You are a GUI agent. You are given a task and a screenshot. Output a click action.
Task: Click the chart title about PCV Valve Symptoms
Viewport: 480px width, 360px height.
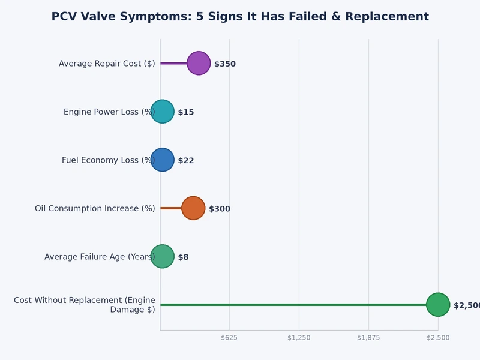(240, 17)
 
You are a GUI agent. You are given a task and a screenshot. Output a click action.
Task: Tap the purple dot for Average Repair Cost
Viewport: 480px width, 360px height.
(199, 63)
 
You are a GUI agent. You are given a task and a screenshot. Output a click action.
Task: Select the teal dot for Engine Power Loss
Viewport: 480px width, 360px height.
(162, 112)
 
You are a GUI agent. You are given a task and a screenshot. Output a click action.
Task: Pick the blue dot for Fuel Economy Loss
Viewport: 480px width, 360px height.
(162, 160)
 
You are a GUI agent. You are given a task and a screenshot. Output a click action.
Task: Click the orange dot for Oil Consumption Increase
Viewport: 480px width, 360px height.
(193, 208)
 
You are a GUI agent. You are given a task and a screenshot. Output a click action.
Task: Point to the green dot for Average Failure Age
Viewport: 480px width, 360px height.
(162, 256)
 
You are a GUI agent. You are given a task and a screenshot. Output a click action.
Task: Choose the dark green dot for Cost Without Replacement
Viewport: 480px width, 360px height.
(438, 305)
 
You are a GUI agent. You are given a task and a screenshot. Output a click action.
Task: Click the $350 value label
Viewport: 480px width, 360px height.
(225, 64)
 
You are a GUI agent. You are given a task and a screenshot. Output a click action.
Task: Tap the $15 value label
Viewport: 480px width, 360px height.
(186, 112)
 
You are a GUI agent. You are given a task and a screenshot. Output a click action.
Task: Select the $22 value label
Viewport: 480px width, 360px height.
(186, 161)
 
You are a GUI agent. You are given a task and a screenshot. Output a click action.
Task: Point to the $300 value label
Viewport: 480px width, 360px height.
(220, 209)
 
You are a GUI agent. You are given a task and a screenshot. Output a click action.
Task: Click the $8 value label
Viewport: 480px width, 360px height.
(183, 257)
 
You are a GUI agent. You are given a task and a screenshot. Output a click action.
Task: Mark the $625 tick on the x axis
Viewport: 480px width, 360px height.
(229, 338)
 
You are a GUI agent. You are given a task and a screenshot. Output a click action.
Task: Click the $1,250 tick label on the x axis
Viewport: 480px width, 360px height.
(299, 338)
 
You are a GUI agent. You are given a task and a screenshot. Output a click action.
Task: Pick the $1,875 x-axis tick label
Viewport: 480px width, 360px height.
(368, 338)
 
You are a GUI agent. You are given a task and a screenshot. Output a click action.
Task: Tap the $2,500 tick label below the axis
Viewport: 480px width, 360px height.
(438, 338)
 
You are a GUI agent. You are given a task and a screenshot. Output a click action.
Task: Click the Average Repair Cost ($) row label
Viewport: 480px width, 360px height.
(107, 64)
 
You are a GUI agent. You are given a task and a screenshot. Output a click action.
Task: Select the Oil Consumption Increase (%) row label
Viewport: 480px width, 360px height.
(95, 209)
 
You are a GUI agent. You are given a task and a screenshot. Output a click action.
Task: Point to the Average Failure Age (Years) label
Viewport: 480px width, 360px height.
(100, 257)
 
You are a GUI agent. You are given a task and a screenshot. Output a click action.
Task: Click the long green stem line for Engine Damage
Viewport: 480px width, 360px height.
(294, 305)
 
